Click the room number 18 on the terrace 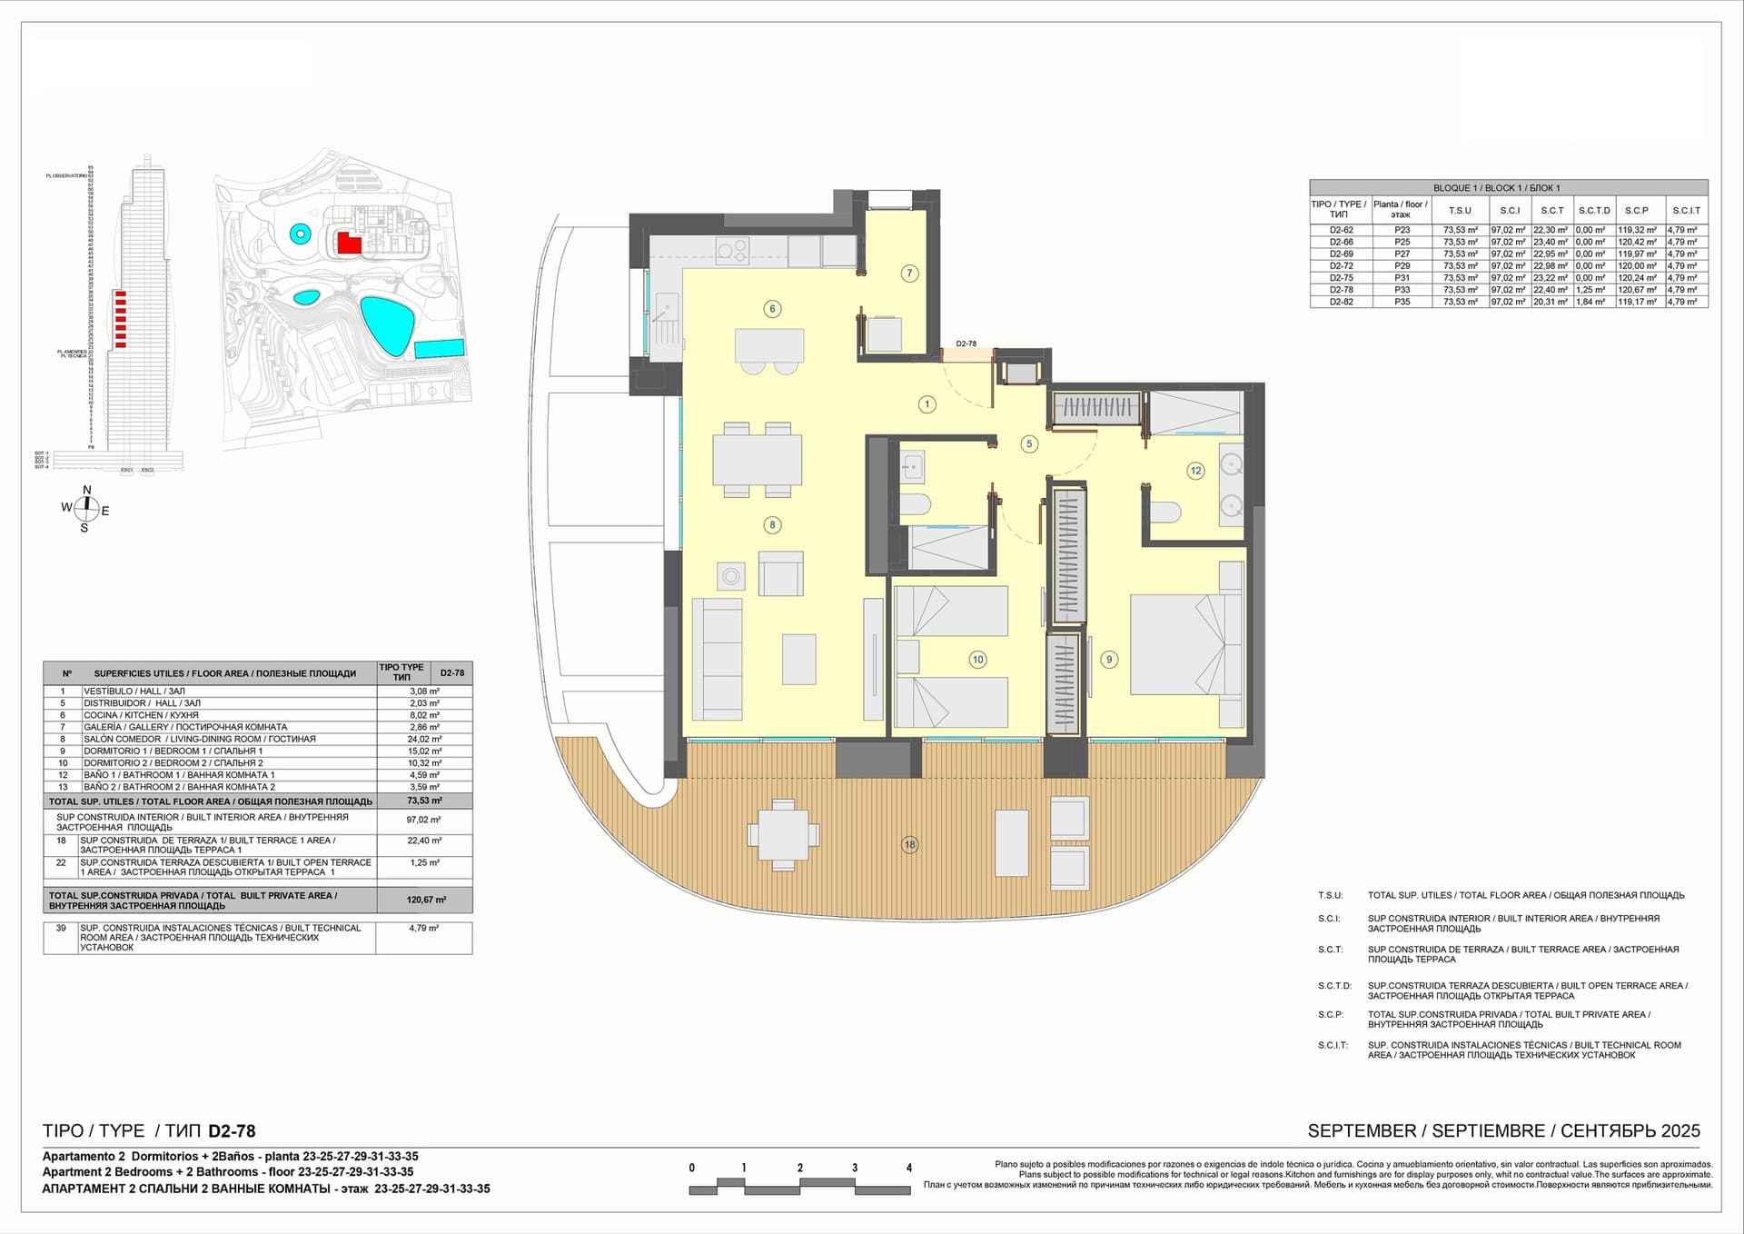click(909, 844)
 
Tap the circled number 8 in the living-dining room click(772, 524)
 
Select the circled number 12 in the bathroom click(1195, 471)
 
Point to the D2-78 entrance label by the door click(966, 343)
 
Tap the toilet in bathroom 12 click(1164, 513)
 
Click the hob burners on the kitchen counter click(731, 249)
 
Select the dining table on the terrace click(783, 833)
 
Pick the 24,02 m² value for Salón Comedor click(424, 739)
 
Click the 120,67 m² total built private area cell click(426, 900)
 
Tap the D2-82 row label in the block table click(1341, 302)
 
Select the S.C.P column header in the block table click(1636, 210)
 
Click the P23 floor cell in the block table click(1402, 231)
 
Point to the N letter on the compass click(87, 490)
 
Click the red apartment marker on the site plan click(348, 243)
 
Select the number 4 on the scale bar click(908, 1168)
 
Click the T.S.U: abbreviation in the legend click(1330, 895)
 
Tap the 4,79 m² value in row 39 click(424, 928)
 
